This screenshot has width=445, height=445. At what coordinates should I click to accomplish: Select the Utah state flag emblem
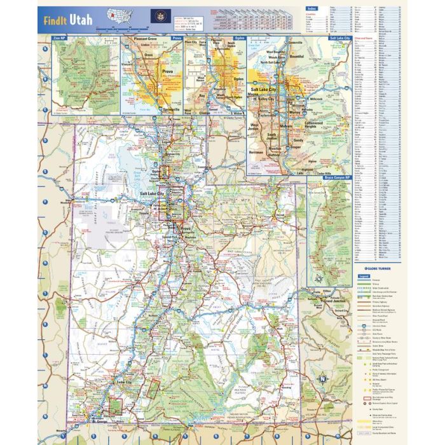click(156, 16)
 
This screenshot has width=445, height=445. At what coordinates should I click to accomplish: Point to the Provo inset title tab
click(176, 39)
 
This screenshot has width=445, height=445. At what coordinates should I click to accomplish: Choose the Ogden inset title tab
click(238, 39)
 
